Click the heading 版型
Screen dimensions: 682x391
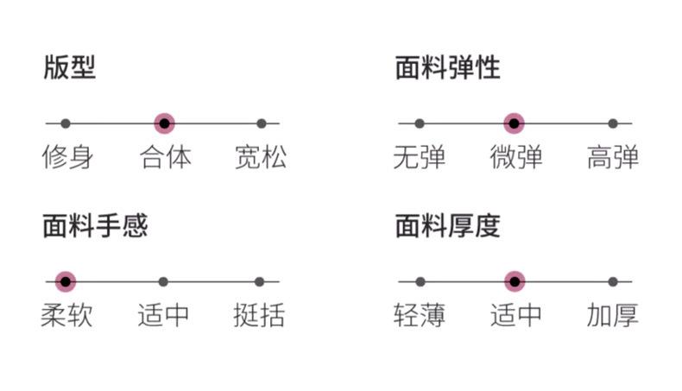tap(70, 67)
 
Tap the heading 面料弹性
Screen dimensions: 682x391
tap(447, 67)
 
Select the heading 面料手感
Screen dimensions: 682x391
tap(95, 225)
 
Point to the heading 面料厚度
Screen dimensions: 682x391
tap(447, 225)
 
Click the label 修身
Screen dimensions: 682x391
tap(67, 157)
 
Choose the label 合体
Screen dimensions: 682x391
tap(165, 157)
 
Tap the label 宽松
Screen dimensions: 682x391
tap(261, 157)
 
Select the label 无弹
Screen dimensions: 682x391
tap(419, 157)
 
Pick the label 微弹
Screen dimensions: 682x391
tap(516, 157)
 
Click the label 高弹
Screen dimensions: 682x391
tap(613, 157)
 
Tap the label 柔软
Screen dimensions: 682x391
tap(66, 315)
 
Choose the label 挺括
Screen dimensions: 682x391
tap(259, 315)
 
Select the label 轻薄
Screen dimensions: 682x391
tap(420, 315)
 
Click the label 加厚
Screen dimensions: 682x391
tap(613, 315)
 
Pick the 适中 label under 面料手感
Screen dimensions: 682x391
tap(163, 315)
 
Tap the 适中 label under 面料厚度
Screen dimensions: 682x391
tap(516, 315)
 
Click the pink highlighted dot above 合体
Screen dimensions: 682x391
tap(164, 123)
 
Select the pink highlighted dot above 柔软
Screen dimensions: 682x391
tap(66, 281)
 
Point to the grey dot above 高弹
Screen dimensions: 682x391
tap(613, 123)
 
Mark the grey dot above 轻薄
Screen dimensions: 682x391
tap(420, 281)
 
